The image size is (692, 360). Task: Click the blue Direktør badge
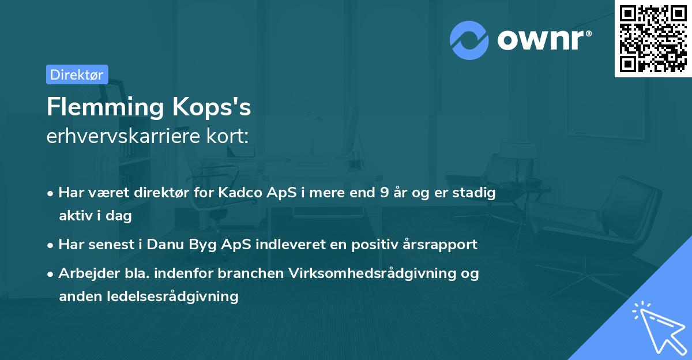click(77, 74)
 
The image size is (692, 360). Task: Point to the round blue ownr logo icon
click(469, 40)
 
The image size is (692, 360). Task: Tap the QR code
click(653, 39)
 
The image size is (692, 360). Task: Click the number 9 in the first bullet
click(384, 193)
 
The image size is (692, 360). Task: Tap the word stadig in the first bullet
click(476, 193)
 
